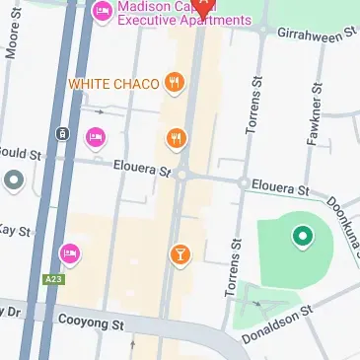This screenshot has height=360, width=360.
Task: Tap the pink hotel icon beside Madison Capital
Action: click(102, 12)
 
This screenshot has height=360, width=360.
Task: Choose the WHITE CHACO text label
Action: click(113, 84)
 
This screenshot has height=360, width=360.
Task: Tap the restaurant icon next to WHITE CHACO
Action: click(174, 83)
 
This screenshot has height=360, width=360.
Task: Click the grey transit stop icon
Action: click(62, 134)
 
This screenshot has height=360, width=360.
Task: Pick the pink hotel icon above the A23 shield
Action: click(69, 253)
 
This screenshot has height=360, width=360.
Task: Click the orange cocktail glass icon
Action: click(180, 255)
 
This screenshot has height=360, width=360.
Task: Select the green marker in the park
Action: click(301, 236)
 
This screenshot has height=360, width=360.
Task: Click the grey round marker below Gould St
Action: click(14, 180)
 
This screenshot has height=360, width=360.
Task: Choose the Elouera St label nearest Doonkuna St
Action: click(280, 186)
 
